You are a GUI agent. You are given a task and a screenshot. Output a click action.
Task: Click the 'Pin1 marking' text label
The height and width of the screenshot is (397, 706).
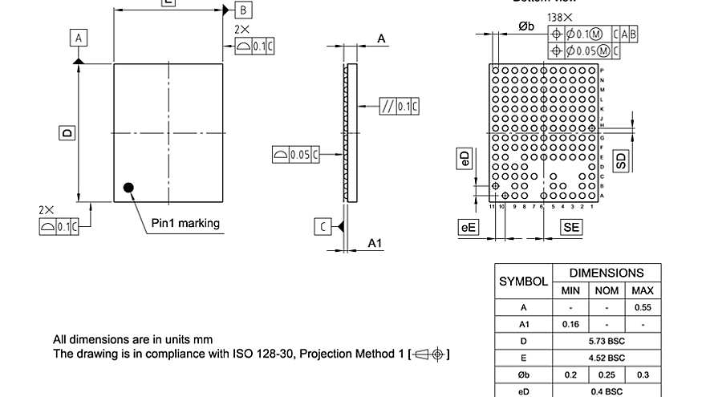(x=185, y=223)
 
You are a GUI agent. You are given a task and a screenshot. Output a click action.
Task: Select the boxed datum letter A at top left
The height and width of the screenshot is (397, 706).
(x=79, y=38)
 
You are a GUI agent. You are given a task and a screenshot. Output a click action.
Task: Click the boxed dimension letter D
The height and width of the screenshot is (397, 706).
(x=67, y=133)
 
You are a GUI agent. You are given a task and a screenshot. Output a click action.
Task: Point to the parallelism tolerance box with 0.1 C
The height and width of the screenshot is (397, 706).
(x=399, y=107)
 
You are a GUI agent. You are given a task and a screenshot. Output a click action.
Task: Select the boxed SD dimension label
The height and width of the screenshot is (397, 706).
(x=621, y=160)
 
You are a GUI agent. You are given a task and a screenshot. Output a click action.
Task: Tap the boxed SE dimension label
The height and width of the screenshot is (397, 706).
(x=571, y=228)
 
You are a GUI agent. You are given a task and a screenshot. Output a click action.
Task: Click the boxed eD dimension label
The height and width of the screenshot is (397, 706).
(x=464, y=158)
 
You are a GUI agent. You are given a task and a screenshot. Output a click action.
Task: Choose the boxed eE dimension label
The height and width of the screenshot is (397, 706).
(x=468, y=228)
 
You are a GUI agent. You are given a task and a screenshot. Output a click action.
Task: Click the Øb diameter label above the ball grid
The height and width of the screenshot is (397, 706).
(x=526, y=26)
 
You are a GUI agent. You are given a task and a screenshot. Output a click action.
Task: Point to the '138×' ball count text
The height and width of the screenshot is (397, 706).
(x=560, y=17)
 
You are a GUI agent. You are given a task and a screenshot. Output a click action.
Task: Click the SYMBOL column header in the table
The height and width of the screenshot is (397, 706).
(x=523, y=282)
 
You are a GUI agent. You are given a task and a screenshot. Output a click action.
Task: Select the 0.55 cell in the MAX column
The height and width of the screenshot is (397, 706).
(x=642, y=307)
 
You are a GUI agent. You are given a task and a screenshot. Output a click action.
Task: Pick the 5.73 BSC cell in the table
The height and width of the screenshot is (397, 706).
(x=607, y=341)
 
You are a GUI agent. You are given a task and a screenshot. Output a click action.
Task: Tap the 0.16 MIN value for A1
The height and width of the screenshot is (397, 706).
(x=570, y=324)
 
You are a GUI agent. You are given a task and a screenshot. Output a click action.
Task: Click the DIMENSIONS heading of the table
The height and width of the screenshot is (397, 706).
(x=607, y=273)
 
